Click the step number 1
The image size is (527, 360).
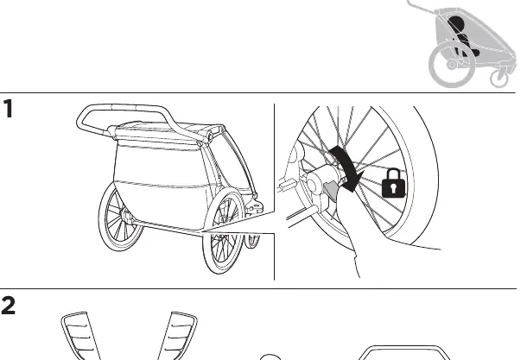9,109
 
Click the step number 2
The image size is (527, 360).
8,306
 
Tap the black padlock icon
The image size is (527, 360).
394,183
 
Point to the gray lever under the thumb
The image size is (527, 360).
331,190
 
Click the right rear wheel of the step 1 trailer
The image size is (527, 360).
223,231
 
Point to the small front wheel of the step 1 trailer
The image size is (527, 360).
252,241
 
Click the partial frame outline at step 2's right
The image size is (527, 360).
403,347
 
